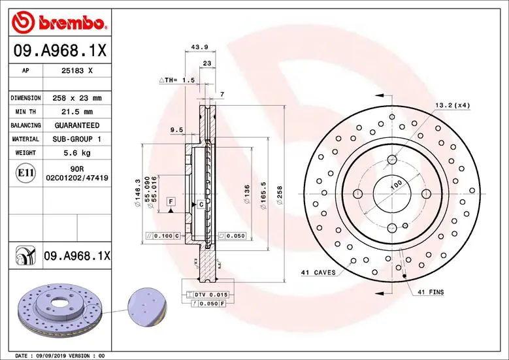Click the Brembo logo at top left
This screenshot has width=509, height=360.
click(x=59, y=23)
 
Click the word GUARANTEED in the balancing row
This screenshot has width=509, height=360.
click(x=76, y=125)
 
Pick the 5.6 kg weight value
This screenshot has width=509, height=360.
click(x=76, y=153)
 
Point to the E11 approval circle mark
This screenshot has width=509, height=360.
click(x=25, y=173)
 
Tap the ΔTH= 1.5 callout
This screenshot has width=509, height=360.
click(x=177, y=80)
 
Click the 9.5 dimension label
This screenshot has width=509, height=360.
click(x=176, y=130)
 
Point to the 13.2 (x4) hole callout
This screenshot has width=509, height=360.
click(x=452, y=105)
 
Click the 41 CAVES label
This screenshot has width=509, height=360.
click(x=318, y=272)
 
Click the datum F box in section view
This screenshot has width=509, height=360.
click(x=170, y=201)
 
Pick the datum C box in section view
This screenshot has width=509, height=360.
click(x=201, y=205)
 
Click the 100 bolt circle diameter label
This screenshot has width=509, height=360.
click(x=395, y=186)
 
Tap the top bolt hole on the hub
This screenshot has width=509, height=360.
click(x=391, y=159)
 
